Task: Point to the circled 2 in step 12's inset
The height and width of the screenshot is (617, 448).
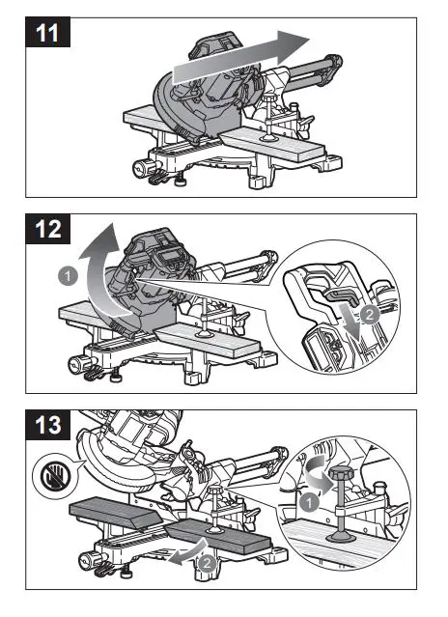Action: pyautogui.click(x=368, y=315)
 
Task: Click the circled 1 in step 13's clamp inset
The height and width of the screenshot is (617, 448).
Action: pyautogui.click(x=306, y=501)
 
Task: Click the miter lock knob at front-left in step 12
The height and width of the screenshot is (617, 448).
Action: pyautogui.click(x=76, y=362)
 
